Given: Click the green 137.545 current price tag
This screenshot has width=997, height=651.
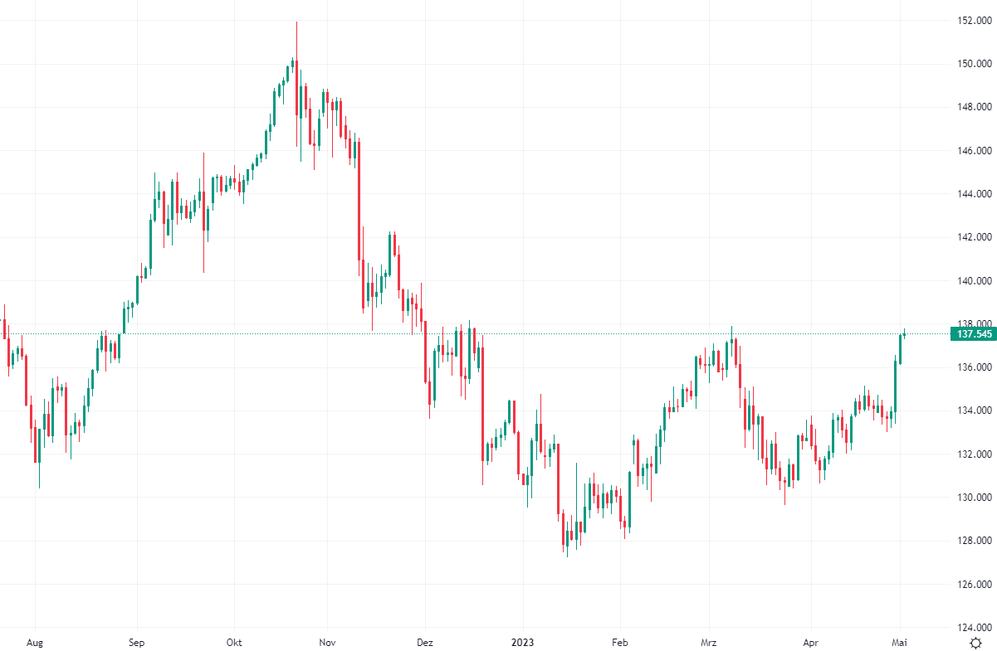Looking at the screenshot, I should click(973, 334).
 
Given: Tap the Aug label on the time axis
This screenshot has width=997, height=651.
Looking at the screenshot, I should click(35, 643).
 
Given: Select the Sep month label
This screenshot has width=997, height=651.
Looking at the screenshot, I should click(137, 643).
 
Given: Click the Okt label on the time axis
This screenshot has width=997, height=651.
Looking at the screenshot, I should click(234, 643).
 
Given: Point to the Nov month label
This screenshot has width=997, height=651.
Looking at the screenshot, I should click(327, 643).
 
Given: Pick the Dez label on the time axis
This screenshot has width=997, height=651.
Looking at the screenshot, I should click(425, 643).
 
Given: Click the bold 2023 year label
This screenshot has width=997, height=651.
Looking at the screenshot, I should click(523, 643).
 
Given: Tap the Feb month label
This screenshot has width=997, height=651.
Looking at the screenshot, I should click(619, 643).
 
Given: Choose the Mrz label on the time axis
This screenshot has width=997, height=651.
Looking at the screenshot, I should click(710, 643).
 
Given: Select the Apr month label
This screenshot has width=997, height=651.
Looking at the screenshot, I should click(811, 643).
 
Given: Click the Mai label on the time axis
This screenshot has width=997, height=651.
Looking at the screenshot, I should click(899, 643).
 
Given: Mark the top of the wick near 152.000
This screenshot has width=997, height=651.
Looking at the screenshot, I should click(296, 22).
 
